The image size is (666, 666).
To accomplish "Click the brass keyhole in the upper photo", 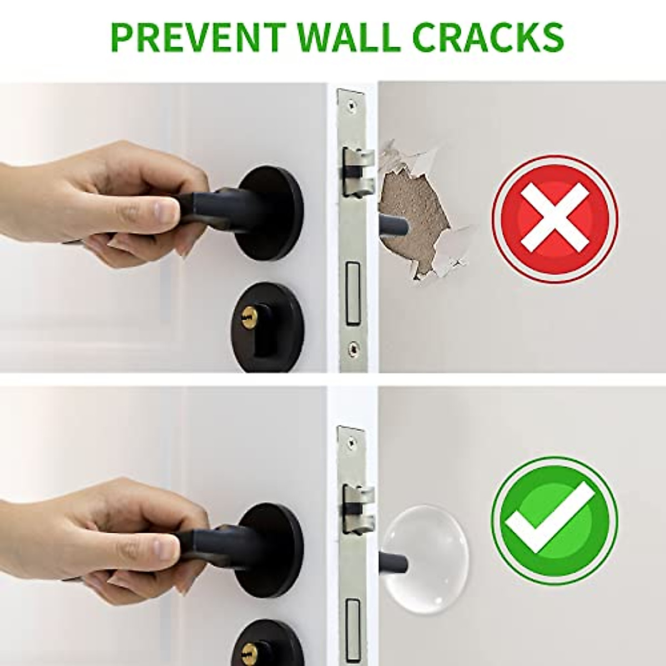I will click(246, 318).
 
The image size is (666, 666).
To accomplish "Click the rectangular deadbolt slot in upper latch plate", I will click(352, 294).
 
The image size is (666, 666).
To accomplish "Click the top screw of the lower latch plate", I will click(351, 439).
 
